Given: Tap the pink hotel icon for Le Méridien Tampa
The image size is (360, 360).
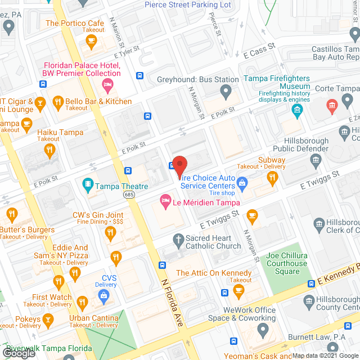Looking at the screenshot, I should (165, 200).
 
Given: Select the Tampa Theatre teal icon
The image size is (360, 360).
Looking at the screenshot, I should (87, 183).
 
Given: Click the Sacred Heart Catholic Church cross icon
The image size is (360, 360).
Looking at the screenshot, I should (178, 239).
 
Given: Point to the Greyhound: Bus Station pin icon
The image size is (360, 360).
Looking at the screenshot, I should (226, 90).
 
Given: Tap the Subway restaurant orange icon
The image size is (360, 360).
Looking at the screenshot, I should (273, 178).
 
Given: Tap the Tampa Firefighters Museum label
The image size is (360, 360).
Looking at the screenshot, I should (276, 82).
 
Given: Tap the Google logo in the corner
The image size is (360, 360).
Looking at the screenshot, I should (18, 353).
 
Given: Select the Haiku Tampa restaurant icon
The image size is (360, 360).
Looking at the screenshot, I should (49, 150).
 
